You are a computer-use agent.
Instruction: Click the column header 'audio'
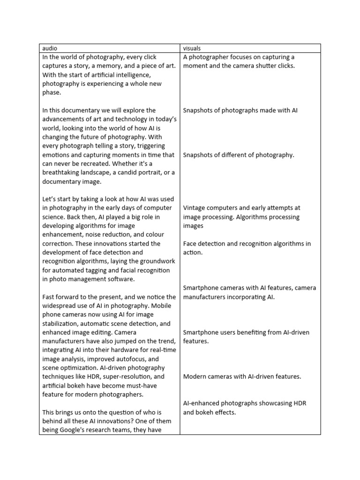click(x=50, y=48)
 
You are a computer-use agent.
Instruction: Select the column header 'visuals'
click(x=193, y=48)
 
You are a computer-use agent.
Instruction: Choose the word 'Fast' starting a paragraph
click(x=49, y=297)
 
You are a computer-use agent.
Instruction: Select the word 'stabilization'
click(x=62, y=324)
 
